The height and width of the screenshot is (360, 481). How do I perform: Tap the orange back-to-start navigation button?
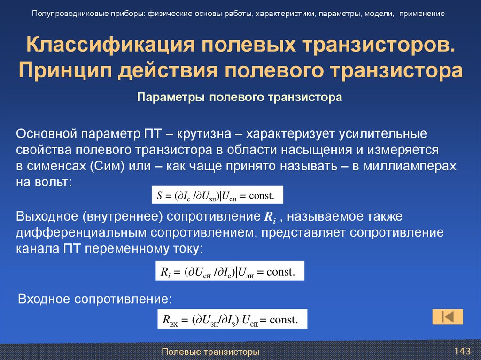(x=448, y=316)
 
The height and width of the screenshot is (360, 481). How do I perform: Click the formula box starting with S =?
(x=218, y=195)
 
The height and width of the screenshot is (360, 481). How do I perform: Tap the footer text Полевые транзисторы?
(x=210, y=352)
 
